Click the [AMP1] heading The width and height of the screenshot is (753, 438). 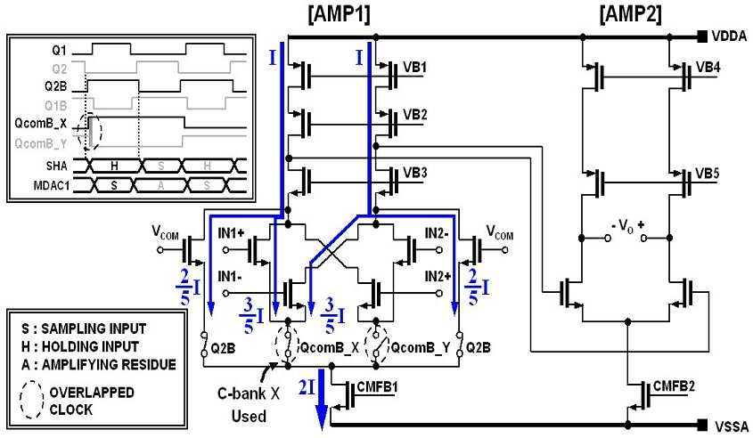point(339,14)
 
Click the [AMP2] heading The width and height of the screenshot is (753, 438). point(631,14)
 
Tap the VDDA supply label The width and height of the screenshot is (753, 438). point(730,36)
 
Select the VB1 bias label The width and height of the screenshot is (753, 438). point(415,67)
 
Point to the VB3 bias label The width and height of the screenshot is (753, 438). point(415,172)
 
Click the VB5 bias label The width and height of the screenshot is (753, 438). point(708,174)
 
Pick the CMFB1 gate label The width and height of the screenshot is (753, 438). point(377,387)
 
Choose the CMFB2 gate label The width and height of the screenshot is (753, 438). point(674,386)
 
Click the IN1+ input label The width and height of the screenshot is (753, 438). point(231,233)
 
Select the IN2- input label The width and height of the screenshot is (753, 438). point(437,233)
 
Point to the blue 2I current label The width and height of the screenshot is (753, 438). point(307,386)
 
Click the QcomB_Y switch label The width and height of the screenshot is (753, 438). point(421,348)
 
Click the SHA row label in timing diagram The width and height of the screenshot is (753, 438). point(56,166)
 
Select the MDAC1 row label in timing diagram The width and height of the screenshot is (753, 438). point(51,185)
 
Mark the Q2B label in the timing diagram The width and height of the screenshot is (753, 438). point(56,87)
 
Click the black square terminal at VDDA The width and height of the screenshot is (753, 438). point(702,36)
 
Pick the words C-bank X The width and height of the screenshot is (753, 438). point(249,393)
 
